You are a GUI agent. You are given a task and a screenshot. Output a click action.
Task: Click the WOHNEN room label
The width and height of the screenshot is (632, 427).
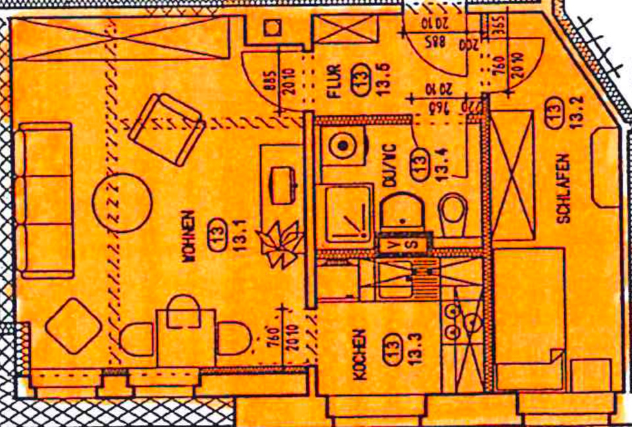pyautogui.click(x=189, y=238)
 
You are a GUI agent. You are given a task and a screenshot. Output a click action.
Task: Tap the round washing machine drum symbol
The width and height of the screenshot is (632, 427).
pyautogui.click(x=343, y=144)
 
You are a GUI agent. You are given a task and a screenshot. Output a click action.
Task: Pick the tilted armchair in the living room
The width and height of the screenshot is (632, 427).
pyautogui.click(x=165, y=129)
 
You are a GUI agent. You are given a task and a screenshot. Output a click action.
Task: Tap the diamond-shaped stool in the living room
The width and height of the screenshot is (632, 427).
pyautogui.click(x=74, y=326)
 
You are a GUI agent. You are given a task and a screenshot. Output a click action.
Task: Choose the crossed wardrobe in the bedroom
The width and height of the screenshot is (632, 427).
pyautogui.click(x=512, y=176)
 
